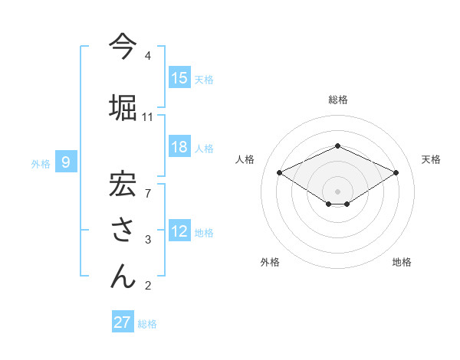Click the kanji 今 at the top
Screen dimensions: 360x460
pos(123,47)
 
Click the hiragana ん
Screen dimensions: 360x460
pos(123,275)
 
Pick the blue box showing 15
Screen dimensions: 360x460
pos(179,78)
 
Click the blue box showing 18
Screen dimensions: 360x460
pos(179,147)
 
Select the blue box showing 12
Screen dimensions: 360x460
pos(179,231)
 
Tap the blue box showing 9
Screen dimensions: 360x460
pos(66,162)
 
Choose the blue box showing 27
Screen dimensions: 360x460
pos(123,322)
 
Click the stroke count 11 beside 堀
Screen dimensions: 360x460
pos(148,117)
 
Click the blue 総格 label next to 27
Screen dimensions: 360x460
pos(147,324)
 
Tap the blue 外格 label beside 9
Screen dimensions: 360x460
pos(41,162)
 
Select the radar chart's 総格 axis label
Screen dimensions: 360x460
pos(337,100)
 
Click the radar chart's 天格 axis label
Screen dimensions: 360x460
pos(431,159)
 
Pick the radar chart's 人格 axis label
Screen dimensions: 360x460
pos(245,159)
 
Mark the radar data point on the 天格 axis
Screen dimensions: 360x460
pos(396,172)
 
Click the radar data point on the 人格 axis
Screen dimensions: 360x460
pos(279,172)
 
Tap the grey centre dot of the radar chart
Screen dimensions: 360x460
pos(337,190)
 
